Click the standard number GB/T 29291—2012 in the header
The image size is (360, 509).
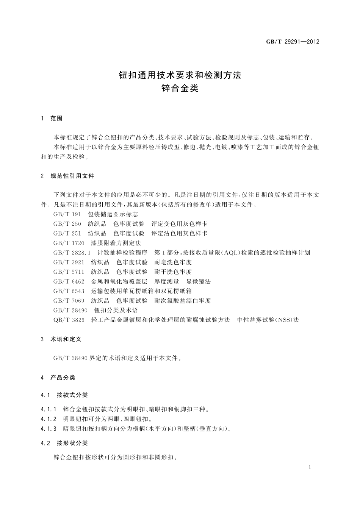click(x=293, y=42)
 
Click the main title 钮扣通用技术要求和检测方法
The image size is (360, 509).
click(x=180, y=75)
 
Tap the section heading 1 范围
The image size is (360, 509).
click(x=52, y=118)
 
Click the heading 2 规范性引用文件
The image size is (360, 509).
click(x=67, y=176)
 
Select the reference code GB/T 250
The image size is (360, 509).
click(x=67, y=224)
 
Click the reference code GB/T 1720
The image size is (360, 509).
click(x=69, y=243)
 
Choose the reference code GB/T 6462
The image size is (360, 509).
click(x=69, y=281)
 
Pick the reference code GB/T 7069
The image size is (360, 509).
click(x=69, y=301)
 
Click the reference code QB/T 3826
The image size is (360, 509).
click(x=69, y=320)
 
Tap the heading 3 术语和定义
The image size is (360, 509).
click(x=61, y=339)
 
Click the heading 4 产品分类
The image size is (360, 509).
click(x=58, y=378)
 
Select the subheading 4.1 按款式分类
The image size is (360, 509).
click(x=64, y=395)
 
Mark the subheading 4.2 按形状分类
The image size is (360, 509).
click(x=64, y=443)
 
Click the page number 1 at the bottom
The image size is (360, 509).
click(x=310, y=467)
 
